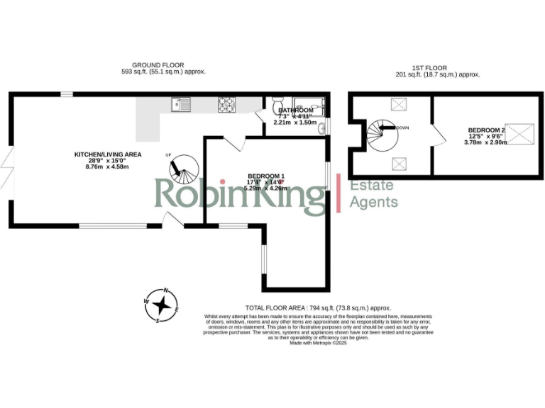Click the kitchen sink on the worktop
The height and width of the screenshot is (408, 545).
tap(178, 104)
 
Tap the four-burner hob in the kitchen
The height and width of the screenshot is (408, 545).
tap(227, 104)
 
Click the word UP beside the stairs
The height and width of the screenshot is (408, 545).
tap(168, 155)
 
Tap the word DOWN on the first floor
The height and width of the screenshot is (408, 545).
tap(402, 127)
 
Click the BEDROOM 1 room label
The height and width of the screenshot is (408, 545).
tap(266, 176)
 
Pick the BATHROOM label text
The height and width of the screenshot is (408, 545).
tap(295, 110)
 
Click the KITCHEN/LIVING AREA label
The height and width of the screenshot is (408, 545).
tap(109, 154)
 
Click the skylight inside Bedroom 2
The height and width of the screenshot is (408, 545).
tap(524, 132)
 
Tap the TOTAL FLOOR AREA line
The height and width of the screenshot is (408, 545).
tap(319, 308)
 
